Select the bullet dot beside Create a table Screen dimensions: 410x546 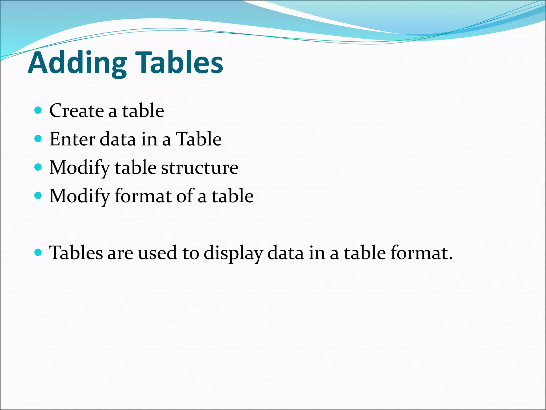coord(38,110)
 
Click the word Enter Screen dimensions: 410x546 coord(72,139)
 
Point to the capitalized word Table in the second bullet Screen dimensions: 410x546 coord(199,139)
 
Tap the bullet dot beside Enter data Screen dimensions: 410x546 coord(38,139)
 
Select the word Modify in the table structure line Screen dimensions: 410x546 coord(79,168)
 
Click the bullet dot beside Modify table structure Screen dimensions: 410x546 coord(38,167)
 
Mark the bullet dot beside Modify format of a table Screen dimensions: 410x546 coord(38,196)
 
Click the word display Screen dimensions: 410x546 coord(233,253)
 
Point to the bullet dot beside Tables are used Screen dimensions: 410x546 coord(38,252)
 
